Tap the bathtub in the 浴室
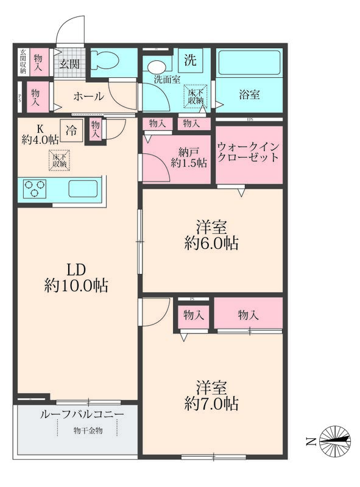pos(249,63)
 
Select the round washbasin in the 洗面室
pos(157,66)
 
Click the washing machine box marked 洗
pos(190,60)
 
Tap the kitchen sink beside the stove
pos(83,189)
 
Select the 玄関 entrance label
pos(69,64)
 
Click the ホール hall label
pos(88,97)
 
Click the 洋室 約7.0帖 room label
pos(212,394)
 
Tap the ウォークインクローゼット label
pos(249,152)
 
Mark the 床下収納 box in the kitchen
pos(60,160)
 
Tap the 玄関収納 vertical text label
pos(23,62)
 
